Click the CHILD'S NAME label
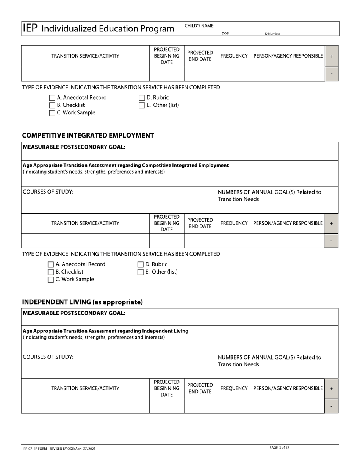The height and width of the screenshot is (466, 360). click(199, 26)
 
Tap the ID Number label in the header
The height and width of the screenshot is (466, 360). click(272, 34)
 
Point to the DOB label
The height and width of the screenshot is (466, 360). click(225, 33)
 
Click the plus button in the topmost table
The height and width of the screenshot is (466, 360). click(332, 56)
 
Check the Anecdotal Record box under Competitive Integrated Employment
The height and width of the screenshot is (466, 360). click(51, 264)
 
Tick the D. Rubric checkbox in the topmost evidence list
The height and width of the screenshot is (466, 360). click(142, 98)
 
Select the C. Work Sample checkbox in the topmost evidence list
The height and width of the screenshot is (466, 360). click(52, 113)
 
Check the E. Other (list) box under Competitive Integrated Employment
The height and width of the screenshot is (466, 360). click(140, 272)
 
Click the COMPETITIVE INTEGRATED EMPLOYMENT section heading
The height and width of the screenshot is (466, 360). click(88, 136)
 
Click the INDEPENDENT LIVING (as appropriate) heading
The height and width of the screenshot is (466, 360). click(82, 302)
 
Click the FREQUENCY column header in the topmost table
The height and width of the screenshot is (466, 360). click(234, 56)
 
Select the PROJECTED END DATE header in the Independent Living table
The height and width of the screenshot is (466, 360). click(200, 388)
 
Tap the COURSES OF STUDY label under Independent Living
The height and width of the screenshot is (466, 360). click(48, 357)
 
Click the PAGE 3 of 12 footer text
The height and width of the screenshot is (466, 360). click(279, 448)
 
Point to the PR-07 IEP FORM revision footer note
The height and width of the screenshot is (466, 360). click(59, 449)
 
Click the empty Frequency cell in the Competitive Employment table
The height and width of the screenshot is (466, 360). click(234, 241)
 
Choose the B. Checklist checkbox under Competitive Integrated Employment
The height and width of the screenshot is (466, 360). click(51, 272)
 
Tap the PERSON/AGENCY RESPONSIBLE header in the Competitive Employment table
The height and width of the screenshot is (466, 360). click(288, 224)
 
